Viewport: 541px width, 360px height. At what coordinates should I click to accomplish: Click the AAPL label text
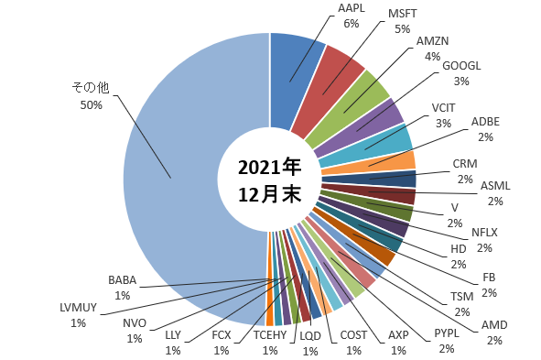(351, 8)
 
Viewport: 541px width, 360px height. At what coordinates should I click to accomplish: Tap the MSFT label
(402, 14)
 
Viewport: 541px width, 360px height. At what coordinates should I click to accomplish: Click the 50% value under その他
(92, 105)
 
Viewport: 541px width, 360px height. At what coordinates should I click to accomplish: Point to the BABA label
(122, 280)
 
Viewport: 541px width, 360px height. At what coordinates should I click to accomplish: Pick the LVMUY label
(78, 307)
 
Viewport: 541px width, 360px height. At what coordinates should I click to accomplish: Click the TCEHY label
(270, 334)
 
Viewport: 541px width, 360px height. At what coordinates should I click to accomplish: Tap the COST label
(353, 334)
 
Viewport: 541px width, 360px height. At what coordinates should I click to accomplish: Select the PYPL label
(447, 333)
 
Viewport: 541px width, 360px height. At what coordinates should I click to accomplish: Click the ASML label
(495, 186)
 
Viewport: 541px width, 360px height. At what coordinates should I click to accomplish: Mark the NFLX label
(484, 233)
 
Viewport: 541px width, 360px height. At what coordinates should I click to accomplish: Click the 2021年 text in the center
(269, 167)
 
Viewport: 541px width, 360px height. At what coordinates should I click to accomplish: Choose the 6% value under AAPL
(352, 24)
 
